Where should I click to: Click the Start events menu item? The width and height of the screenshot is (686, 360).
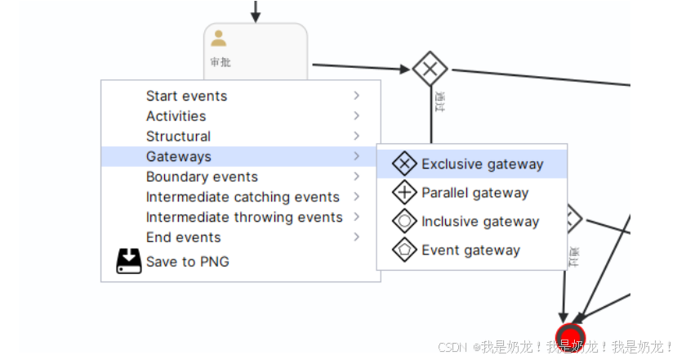point(186,97)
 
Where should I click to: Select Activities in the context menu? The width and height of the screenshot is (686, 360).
point(176,116)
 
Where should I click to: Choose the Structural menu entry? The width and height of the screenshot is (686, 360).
point(178,137)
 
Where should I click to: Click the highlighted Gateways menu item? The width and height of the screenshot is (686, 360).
point(179,156)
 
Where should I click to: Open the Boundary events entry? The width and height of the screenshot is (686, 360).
point(202,177)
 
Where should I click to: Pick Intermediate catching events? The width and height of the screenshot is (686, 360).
point(243,197)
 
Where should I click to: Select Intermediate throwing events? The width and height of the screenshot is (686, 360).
point(244,217)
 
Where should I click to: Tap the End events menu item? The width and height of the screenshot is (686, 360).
point(183,237)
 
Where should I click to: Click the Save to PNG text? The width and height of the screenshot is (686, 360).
point(187,262)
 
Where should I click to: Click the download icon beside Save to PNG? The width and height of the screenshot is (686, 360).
point(129,261)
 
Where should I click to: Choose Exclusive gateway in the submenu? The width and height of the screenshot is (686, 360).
point(482,164)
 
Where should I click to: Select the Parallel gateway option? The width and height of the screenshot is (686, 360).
point(474,193)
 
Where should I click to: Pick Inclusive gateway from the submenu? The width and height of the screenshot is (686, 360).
point(480,222)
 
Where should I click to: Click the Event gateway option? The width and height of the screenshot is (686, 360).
point(470,250)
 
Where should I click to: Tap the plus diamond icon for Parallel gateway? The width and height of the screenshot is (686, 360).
point(405,193)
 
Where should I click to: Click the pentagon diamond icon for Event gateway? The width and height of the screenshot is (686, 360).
point(405,250)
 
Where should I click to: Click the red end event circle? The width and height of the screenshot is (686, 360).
point(570,337)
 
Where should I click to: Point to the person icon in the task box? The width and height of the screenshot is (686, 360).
point(219,38)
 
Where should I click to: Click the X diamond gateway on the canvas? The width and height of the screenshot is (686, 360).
point(430,69)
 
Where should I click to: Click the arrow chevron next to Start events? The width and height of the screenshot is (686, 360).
point(357,96)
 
